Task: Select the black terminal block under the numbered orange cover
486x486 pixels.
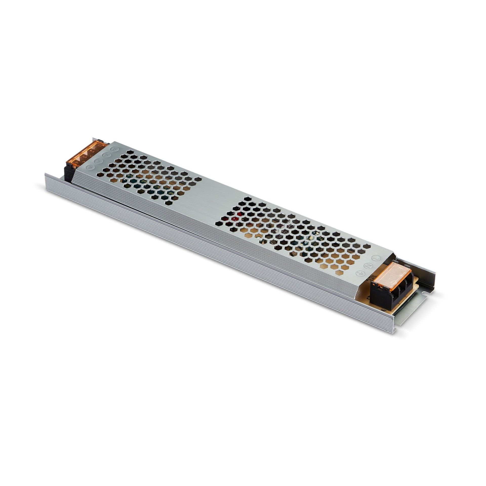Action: pos(69,172)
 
